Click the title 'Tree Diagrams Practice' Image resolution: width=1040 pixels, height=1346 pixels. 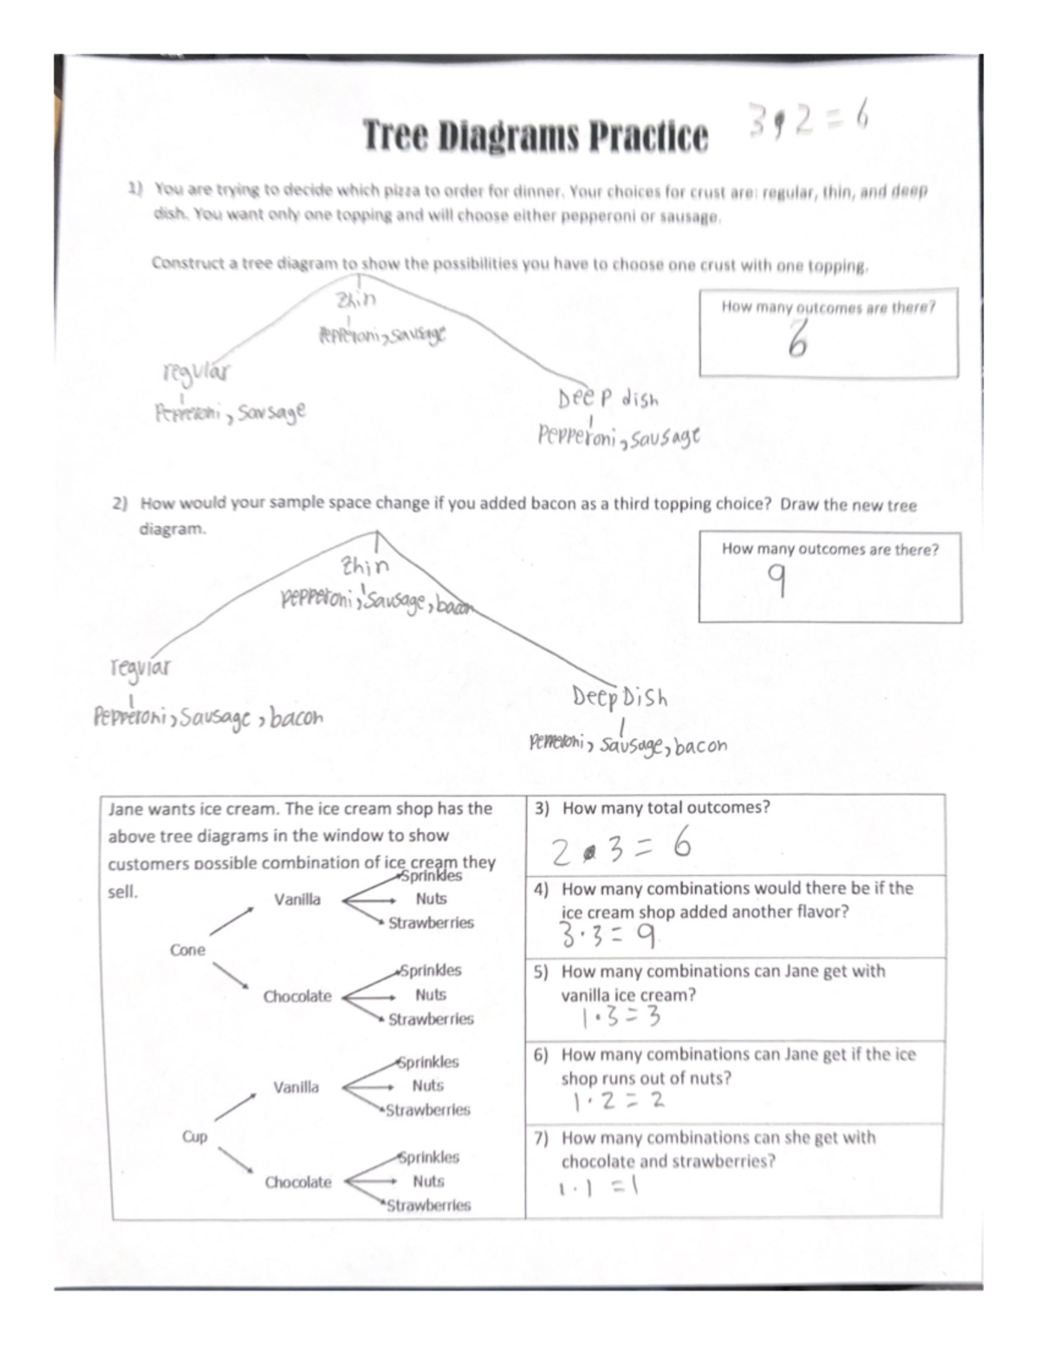(x=534, y=136)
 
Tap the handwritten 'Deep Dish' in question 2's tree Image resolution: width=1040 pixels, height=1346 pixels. (x=620, y=697)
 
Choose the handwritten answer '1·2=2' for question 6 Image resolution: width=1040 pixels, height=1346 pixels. (x=617, y=1101)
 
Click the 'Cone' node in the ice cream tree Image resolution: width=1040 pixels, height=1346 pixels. (x=188, y=950)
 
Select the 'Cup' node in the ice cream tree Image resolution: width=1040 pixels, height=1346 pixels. (x=194, y=1136)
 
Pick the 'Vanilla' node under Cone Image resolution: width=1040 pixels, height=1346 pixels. (x=297, y=900)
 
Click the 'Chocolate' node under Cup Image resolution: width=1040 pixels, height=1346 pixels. (x=298, y=1182)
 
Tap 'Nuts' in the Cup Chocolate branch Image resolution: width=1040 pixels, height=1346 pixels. (x=428, y=1181)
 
